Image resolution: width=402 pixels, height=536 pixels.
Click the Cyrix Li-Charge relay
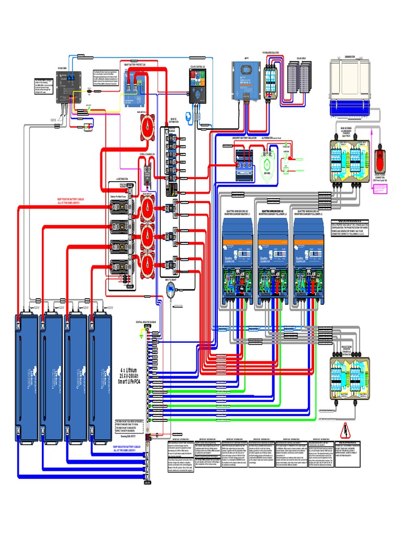148,170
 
